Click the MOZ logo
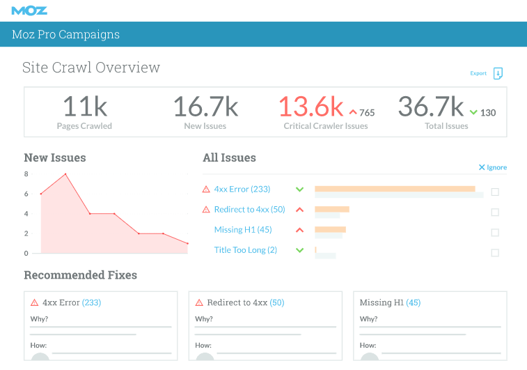click(29, 10)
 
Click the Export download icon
click(498, 73)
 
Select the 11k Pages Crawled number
click(84, 107)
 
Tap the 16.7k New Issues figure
click(205, 107)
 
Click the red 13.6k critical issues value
click(311, 107)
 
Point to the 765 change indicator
click(367, 112)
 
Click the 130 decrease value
click(488, 112)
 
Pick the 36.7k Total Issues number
click(431, 107)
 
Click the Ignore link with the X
click(492, 167)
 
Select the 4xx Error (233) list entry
click(242, 189)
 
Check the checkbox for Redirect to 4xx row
click(495, 213)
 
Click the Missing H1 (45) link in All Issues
click(243, 229)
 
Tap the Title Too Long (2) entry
click(245, 249)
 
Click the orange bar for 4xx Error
click(395, 188)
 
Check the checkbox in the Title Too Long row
click(495, 253)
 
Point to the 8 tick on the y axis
click(26, 174)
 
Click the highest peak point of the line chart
click(65, 174)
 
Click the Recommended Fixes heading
click(80, 275)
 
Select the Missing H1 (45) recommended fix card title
click(390, 302)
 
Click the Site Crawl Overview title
click(91, 68)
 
